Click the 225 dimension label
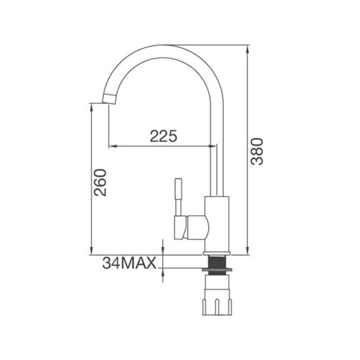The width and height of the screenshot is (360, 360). (x=163, y=136)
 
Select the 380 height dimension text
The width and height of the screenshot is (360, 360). (x=257, y=152)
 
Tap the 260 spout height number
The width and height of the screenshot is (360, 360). (x=100, y=183)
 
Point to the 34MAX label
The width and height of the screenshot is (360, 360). (x=129, y=263)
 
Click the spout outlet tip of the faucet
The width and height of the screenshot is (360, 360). (x=109, y=99)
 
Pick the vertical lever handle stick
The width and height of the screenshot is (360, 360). (x=179, y=197)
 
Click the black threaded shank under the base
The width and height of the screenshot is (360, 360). (x=217, y=262)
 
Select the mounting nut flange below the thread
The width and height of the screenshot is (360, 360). (x=217, y=270)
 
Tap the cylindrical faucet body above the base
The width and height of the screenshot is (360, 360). (x=217, y=224)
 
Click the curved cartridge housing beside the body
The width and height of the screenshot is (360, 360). (x=198, y=228)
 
